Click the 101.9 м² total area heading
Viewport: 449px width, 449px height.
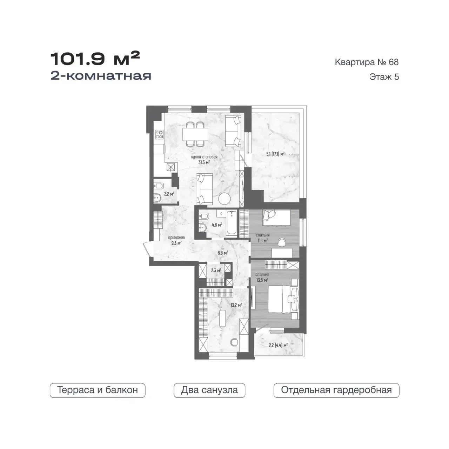point(95,59)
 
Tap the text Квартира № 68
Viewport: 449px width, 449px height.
point(367,62)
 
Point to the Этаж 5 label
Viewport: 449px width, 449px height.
point(384,77)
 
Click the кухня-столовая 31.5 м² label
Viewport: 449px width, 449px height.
point(204,160)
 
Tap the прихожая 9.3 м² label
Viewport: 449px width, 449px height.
point(176,241)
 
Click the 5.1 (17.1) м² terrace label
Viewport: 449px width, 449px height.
point(275,154)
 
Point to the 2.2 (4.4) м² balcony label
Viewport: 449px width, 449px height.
point(278,345)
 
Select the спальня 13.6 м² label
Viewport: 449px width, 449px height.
point(262,277)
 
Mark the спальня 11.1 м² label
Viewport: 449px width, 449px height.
point(263,238)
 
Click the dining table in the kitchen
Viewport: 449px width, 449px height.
point(195,134)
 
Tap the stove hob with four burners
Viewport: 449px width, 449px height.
point(159,134)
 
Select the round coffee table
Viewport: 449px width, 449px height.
point(224,199)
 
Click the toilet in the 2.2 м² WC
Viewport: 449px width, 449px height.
point(159,186)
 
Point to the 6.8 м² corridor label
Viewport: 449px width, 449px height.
point(222,253)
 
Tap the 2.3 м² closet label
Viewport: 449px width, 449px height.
point(216,270)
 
